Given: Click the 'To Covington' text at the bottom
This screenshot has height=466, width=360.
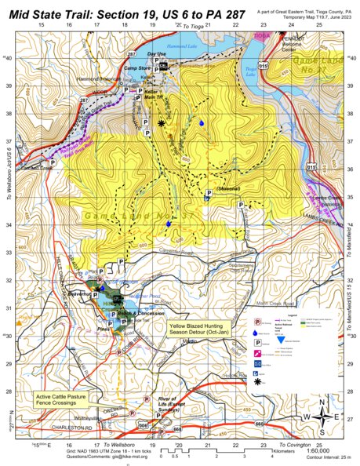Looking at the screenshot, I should [x=298, y=445].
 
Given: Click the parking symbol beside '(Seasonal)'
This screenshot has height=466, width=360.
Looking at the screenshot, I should [x=209, y=192].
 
